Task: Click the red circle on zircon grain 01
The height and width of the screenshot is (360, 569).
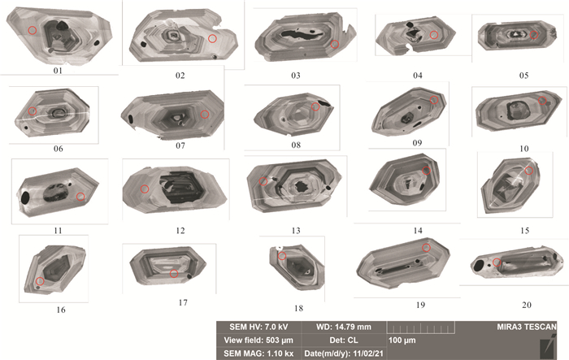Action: click(x=33, y=30)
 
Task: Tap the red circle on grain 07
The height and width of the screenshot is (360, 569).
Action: click(x=205, y=115)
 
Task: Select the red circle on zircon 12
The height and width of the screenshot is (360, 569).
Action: click(x=145, y=189)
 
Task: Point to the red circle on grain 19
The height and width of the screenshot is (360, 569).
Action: click(x=427, y=248)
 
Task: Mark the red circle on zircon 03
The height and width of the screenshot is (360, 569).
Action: click(x=335, y=44)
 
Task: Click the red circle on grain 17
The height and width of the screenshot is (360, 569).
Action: click(x=174, y=273)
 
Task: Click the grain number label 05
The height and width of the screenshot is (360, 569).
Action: click(x=523, y=75)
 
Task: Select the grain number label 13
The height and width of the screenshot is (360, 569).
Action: click(x=296, y=231)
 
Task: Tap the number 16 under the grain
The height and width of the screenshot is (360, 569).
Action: click(x=61, y=310)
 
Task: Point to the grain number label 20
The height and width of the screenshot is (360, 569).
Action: click(x=527, y=306)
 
